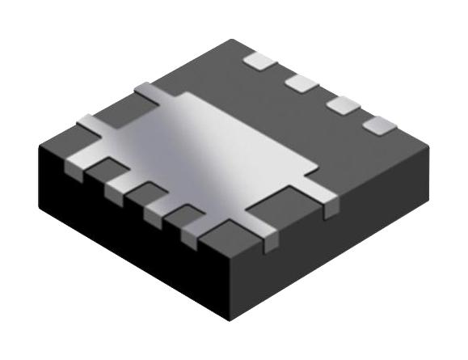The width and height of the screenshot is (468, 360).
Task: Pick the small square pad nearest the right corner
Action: pyautogui.click(x=378, y=125)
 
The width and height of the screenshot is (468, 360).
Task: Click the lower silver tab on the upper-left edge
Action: pyautogui.click(x=91, y=123)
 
